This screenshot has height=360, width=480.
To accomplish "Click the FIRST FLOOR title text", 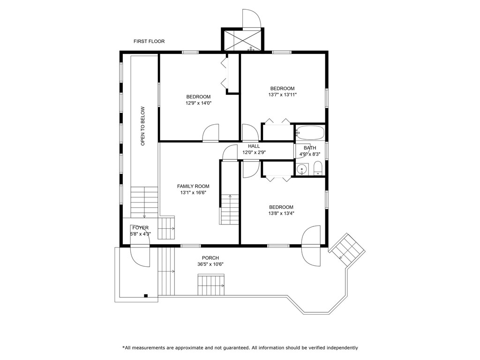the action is pyautogui.click(x=149, y=41).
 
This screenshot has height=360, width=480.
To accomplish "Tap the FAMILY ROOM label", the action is pyautogui.click(x=193, y=186).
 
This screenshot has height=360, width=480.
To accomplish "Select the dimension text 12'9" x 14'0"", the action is pyautogui.click(x=198, y=103).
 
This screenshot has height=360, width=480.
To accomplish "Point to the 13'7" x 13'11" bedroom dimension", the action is pyautogui.click(x=282, y=95).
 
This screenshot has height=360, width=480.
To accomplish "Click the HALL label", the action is pyautogui.click(x=254, y=146).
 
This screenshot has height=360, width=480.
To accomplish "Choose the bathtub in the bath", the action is pyautogui.click(x=309, y=133).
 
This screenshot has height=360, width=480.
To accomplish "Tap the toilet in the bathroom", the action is pyautogui.click(x=318, y=168).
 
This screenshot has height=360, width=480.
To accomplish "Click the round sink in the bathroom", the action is pyautogui.click(x=302, y=169).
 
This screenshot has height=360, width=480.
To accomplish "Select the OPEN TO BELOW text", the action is pyautogui.click(x=142, y=126).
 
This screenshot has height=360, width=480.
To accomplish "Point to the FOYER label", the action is pyautogui.click(x=140, y=228).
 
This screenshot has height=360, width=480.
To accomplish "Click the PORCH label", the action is pyautogui.click(x=210, y=258).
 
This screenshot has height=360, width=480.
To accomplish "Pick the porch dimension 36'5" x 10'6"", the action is pyautogui.click(x=210, y=264).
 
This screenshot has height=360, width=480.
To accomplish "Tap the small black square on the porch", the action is pyautogui.click(x=146, y=296).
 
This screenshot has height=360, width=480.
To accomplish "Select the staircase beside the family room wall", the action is pyautogui.click(x=229, y=210).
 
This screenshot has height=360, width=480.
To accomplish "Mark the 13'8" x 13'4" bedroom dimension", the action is pyautogui.click(x=281, y=213).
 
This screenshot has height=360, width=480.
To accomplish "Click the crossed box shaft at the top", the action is pyautogui.click(x=242, y=39).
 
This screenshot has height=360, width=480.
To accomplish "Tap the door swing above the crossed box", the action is pyautogui.click(x=251, y=19).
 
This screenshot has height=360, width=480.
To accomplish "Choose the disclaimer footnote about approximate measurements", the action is pyautogui.click(x=240, y=348).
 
